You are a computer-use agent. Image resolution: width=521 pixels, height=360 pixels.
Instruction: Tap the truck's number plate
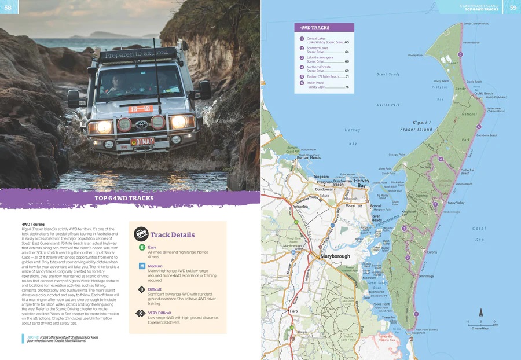142,141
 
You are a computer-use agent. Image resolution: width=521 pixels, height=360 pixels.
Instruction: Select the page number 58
8,7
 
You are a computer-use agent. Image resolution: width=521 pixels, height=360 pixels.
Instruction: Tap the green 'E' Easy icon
142,248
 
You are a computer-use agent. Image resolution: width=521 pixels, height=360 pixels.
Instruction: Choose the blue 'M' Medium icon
142,266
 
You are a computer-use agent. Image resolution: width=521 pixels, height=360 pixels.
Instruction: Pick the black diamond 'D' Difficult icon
142,289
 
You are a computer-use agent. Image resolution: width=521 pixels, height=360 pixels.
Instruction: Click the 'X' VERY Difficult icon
142,313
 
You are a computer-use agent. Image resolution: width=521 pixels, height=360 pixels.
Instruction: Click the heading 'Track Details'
172,234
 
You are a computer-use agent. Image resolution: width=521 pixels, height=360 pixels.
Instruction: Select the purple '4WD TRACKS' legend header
324,27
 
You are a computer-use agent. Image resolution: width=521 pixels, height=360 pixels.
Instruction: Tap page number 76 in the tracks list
347,87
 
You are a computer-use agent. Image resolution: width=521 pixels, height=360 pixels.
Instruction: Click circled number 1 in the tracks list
302,39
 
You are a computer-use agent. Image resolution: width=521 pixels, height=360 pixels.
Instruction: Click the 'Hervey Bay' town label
362,183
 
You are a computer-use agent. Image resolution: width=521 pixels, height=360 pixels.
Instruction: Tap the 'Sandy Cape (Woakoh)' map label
476,24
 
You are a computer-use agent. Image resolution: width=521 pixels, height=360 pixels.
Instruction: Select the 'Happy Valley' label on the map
456,203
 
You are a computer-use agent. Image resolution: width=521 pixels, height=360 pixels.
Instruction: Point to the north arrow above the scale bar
479,314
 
